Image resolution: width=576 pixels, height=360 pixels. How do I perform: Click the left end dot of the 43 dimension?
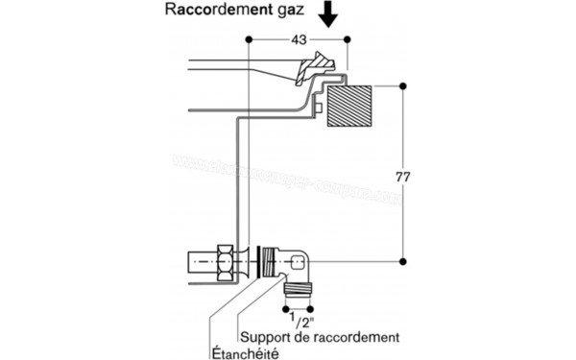point(249,39)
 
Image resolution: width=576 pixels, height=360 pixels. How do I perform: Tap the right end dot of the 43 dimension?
point(348,39)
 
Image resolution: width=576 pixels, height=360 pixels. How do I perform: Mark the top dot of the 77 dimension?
point(402,86)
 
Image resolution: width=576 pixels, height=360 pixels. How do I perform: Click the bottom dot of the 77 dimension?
point(402,260)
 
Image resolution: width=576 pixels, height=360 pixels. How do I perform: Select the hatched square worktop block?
point(348,107)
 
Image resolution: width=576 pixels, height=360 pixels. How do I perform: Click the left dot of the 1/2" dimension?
point(286,309)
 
